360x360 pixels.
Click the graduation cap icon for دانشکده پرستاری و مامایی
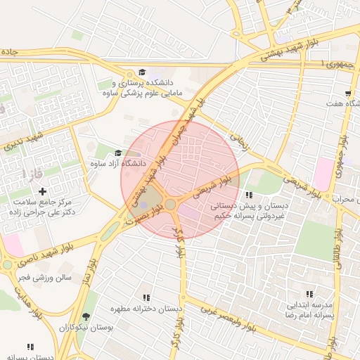pos(141,72)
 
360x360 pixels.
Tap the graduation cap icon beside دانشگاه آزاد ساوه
pos(117,153)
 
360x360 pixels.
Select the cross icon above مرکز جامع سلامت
pos(43,191)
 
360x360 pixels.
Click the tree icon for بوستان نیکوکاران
pos(86,316)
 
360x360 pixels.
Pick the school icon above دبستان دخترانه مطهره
pos(146,297)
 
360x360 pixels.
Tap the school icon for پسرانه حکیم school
pos(248,195)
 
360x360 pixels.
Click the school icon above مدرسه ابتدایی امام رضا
pos(308,294)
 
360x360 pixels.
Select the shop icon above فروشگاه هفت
pos(348,94)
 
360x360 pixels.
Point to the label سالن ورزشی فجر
pos(45,278)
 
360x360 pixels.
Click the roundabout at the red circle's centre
pos(171,205)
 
